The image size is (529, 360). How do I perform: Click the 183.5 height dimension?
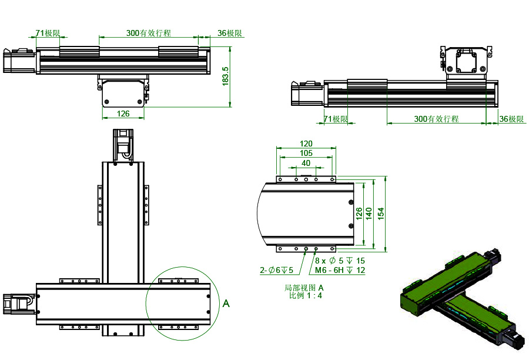pyautogui.click(x=225, y=76)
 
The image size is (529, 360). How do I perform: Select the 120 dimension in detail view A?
pyautogui.click(x=306, y=144)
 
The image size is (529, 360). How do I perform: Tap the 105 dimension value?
pyautogui.click(x=306, y=153)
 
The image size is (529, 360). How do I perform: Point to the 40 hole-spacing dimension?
pyautogui.click(x=306, y=163)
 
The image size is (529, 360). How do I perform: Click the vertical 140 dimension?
pyautogui.click(x=369, y=212)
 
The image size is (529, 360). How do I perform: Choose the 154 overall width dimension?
pyautogui.click(x=380, y=212)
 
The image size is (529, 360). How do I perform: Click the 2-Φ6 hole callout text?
pyautogui.click(x=276, y=271)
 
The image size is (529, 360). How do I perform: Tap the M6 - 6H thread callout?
pyautogui.click(x=340, y=271)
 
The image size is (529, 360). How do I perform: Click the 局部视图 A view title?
pyautogui.click(x=304, y=288)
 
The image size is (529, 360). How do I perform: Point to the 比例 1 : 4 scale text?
pyautogui.click(x=305, y=295)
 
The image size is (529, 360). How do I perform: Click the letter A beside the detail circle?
pyautogui.click(x=226, y=304)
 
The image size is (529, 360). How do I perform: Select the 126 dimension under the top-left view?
pyautogui.click(x=123, y=114)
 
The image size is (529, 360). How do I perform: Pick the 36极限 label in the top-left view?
pyautogui.click(x=230, y=34)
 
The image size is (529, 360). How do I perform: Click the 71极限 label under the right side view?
pyautogui.click(x=336, y=119)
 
